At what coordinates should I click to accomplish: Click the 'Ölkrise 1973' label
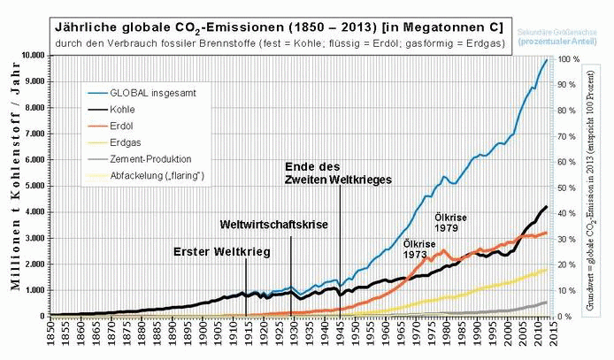419,248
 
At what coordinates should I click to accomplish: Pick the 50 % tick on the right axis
567,187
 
